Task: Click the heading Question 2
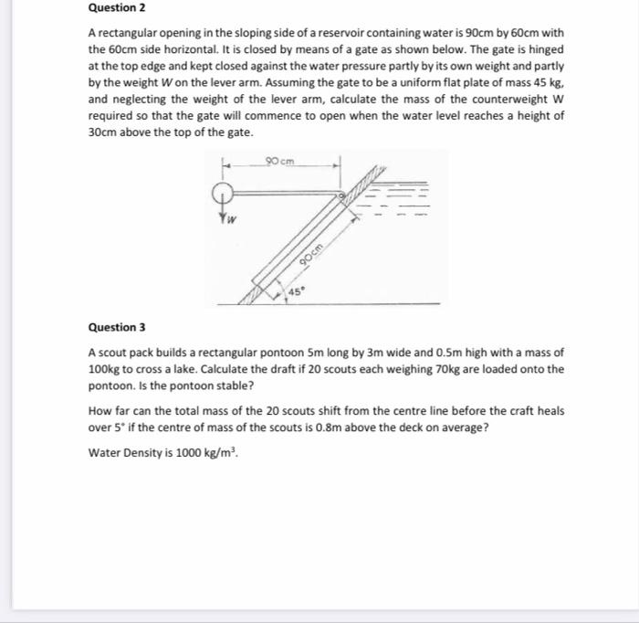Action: tap(117, 7)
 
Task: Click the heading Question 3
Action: tap(117, 327)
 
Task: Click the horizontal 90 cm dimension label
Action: tap(281, 162)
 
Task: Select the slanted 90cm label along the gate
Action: tap(317, 251)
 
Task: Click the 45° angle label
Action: tap(298, 291)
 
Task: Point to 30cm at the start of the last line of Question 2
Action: tap(100, 132)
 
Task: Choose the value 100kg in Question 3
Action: tap(103, 369)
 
